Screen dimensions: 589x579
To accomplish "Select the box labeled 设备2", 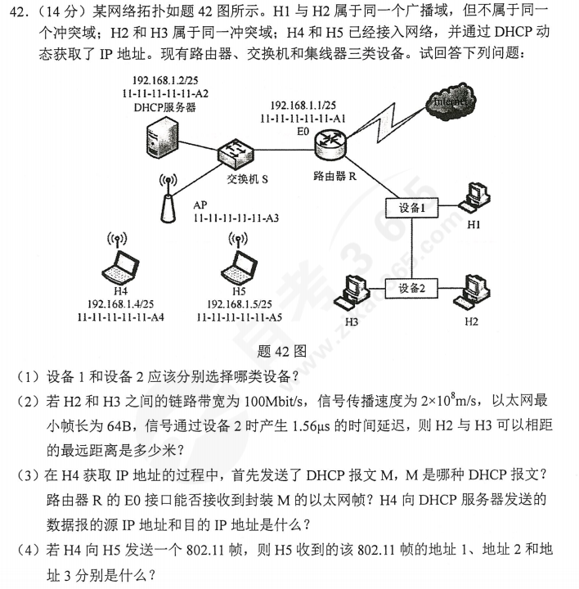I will (412, 288).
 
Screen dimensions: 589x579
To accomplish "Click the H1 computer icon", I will (474, 197).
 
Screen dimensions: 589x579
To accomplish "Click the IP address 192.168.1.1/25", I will (302, 106).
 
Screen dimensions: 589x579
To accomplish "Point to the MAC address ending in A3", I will (236, 218).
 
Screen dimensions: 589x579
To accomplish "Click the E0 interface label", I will (304, 131).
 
